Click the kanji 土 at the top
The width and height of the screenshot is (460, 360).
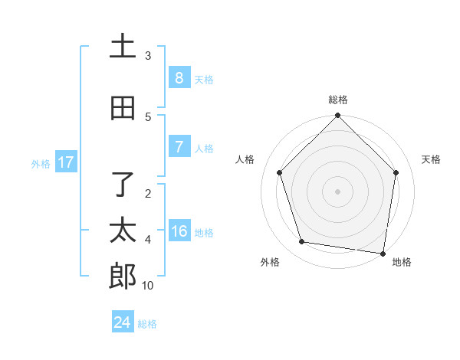pos(123,47)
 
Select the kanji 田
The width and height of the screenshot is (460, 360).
pos(123,108)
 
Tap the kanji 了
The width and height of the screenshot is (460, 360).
pos(123,185)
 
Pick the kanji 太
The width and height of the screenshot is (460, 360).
pos(123,231)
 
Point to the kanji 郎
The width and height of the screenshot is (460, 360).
pos(123,277)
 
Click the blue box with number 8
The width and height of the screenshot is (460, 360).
pos(179,77)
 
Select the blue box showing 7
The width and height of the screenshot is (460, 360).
pos(179,146)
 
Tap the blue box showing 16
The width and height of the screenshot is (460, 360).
pos(179,231)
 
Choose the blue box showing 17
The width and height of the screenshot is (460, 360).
pos(65,162)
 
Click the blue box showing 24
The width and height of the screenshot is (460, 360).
pos(123,322)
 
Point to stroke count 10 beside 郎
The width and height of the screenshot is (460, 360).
pos(148,286)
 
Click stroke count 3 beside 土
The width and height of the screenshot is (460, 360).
pos(148,55)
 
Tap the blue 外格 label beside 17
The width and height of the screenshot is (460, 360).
pos(40,163)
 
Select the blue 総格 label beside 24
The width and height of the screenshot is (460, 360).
pos(148,324)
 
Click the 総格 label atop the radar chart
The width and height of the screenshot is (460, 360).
pos(337,100)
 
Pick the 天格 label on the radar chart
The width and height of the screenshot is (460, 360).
pos(431,159)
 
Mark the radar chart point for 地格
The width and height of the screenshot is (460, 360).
pos(383,253)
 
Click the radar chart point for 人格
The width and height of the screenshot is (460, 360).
pos(279,172)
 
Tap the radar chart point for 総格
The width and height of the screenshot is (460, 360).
pos(337,116)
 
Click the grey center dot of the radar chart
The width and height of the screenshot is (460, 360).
pos(337,191)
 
